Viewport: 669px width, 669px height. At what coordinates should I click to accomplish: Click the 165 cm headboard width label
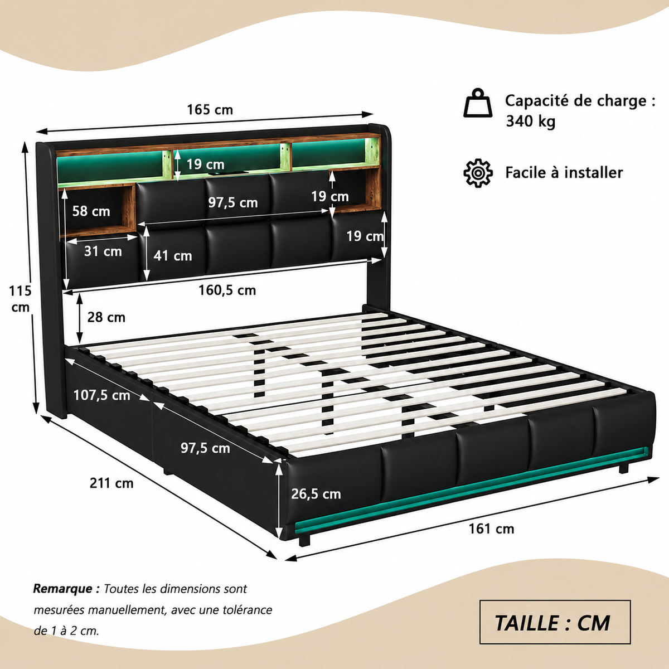[210, 110]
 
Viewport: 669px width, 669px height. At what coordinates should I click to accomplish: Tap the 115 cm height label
[20, 299]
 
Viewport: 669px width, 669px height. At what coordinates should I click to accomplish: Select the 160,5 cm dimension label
[227, 290]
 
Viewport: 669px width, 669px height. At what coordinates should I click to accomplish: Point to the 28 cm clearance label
[106, 317]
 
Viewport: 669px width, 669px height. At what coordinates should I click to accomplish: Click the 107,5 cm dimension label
[101, 395]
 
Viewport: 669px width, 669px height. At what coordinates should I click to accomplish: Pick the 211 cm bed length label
[111, 483]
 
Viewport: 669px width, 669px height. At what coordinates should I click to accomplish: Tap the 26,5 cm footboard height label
[316, 494]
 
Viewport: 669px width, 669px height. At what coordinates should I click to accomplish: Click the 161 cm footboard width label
[491, 529]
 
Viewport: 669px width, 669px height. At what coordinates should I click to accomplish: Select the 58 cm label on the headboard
[91, 211]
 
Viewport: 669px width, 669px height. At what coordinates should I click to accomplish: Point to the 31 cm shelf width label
[103, 251]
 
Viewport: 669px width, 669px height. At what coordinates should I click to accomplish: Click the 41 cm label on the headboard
[172, 256]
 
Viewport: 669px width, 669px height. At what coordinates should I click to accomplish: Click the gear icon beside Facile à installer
[478, 173]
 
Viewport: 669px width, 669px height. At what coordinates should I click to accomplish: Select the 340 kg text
[531, 121]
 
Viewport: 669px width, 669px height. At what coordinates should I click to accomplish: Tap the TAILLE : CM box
[555, 622]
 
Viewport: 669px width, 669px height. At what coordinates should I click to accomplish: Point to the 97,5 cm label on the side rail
[205, 448]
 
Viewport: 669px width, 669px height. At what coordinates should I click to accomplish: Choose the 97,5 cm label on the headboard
[232, 202]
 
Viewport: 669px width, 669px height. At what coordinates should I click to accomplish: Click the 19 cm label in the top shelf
[205, 164]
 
